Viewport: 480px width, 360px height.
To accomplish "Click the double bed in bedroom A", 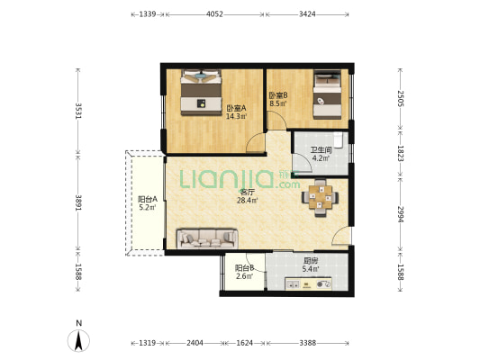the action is pos(201,93).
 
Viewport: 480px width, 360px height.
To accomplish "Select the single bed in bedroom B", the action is pos(327,94).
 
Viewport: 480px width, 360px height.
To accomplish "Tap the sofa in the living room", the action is pos(207,238).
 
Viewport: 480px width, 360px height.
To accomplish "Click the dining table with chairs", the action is pos(321,198).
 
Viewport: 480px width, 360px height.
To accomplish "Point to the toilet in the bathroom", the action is pos(338,139).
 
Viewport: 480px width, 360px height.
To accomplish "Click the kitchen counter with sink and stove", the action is pos(308,283).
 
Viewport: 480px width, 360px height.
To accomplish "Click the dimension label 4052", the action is pos(214,14).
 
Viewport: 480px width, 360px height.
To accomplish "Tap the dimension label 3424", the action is pos(307,14).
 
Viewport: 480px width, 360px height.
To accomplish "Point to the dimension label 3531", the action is pos(78,111).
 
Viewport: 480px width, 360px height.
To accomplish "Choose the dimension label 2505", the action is pos(401,98).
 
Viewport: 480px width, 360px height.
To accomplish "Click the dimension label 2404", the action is pos(195,343).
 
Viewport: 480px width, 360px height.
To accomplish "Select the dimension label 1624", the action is pos(245,343).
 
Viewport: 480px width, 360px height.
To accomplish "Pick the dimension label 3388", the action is pos(308,343).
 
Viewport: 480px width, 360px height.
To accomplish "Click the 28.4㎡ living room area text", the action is pos(248,201).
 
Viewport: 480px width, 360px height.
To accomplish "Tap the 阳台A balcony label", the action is pos(148,199).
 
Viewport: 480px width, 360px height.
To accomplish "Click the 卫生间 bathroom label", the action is pos(322,150).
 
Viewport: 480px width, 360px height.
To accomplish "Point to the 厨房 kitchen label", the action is pos(311,261).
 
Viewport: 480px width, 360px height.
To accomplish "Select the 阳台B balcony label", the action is pos(245,268).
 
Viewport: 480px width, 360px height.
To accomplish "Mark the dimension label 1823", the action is pos(401,154).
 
